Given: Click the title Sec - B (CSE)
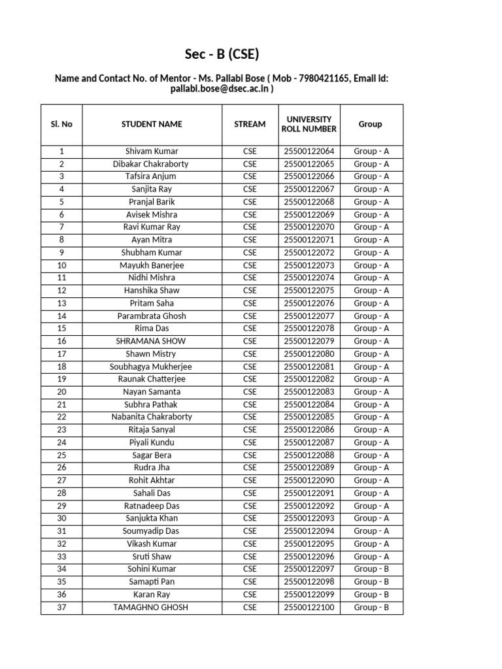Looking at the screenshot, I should pos(222,54).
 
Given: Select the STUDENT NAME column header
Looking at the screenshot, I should pos(152,124).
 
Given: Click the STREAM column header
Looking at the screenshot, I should pos(250,124).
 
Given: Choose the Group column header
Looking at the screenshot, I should pos(371,124).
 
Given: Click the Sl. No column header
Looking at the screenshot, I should pos(61,124).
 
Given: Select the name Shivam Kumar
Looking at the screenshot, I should pos(152,152).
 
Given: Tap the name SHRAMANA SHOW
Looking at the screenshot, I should pos(152,342).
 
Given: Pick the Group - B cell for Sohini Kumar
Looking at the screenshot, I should pos(371,570).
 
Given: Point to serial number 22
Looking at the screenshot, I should pos(61,417).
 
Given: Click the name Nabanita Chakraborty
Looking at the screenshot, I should pos(152,417).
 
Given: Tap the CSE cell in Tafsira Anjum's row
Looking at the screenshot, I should pos(250,176).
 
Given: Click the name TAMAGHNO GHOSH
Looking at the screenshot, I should pos(152,608).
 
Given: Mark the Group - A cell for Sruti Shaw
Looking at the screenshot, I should pos(371,557).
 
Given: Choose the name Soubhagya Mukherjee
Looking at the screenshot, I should pos(152,367).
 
